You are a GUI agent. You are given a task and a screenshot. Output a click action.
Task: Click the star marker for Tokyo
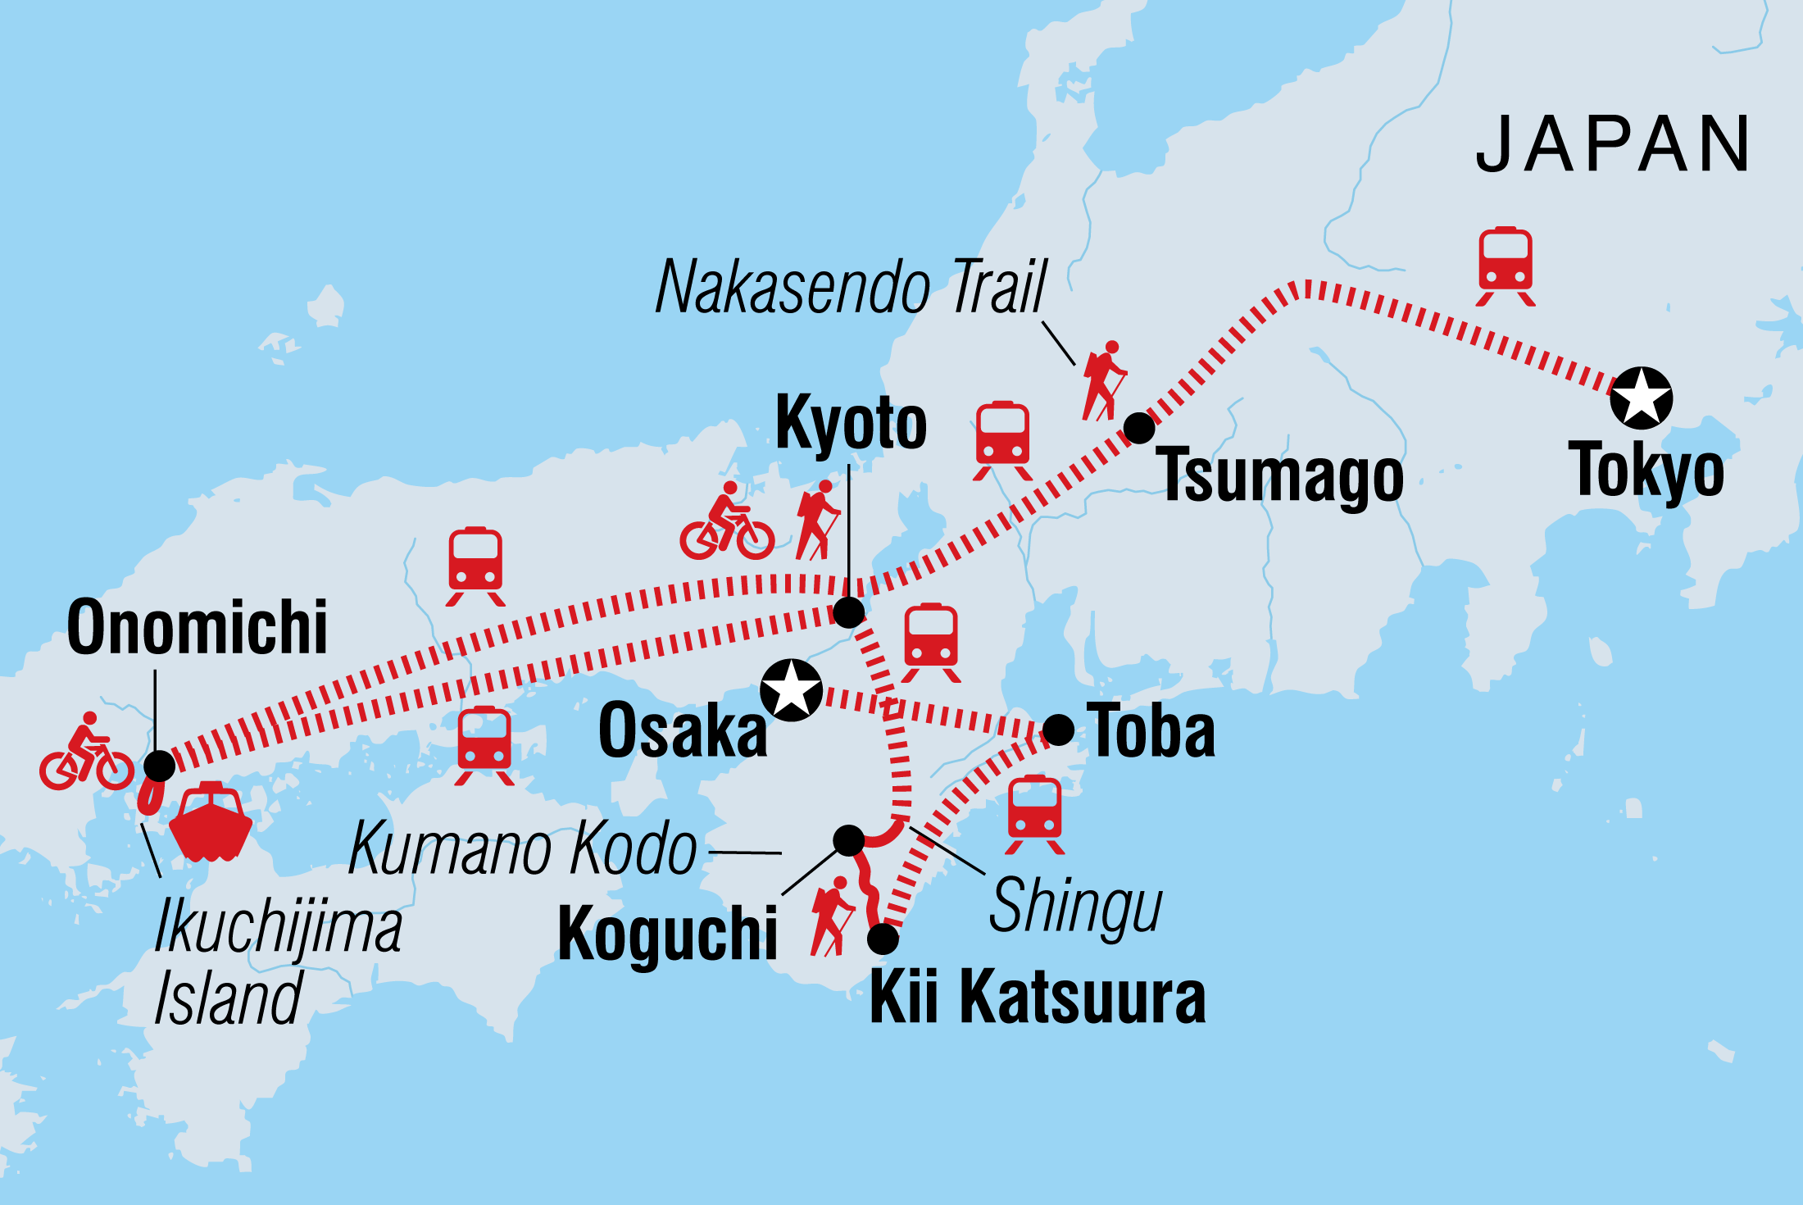click(1641, 398)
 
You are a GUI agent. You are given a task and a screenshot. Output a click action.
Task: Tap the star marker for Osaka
click(791, 689)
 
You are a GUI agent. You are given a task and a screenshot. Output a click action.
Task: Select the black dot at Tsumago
click(1139, 428)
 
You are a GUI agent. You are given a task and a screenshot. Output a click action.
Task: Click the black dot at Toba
click(1058, 729)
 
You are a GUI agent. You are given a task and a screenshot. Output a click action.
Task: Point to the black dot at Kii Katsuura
click(883, 939)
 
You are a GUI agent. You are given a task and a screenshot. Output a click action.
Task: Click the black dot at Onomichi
click(159, 766)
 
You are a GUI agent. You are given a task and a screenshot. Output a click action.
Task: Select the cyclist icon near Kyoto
click(727, 522)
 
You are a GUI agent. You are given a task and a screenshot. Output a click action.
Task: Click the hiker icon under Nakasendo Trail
click(1104, 381)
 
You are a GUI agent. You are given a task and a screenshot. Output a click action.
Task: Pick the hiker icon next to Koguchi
click(832, 916)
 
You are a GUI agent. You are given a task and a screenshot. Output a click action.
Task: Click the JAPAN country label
click(1612, 144)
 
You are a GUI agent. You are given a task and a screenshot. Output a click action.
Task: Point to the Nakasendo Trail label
click(851, 287)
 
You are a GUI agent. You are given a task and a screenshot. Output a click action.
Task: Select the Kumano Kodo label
click(523, 848)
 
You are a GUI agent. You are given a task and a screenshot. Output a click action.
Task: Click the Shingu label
click(1074, 906)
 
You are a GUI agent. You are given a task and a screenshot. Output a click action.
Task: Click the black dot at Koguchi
click(849, 839)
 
